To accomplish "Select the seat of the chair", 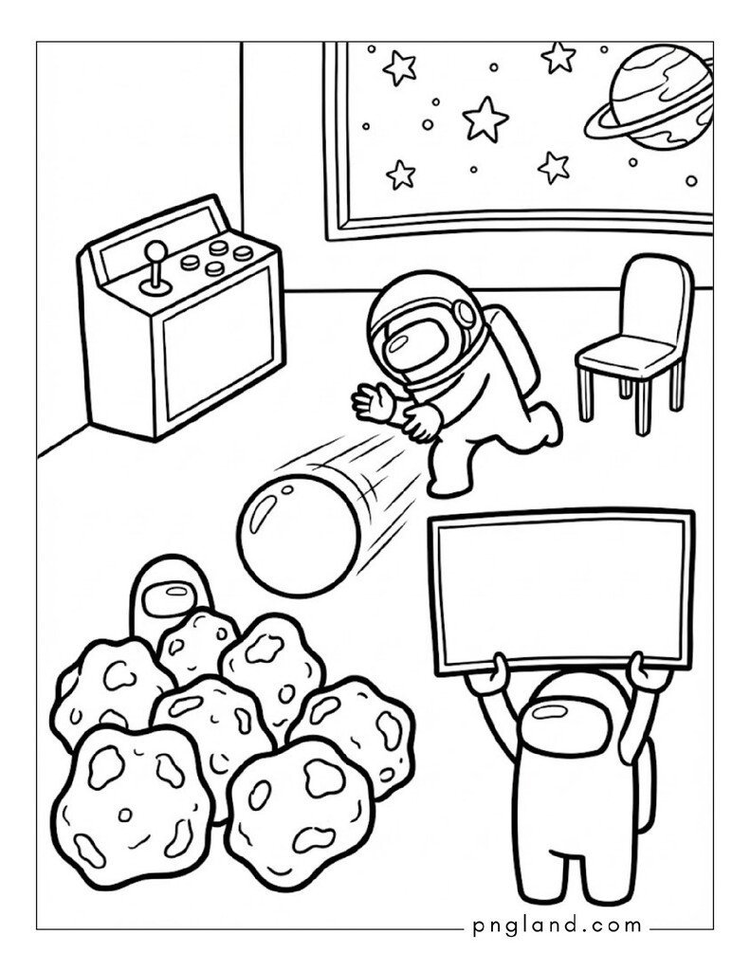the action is pyautogui.click(x=626, y=357).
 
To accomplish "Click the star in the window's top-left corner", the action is pyautogui.click(x=398, y=67).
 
